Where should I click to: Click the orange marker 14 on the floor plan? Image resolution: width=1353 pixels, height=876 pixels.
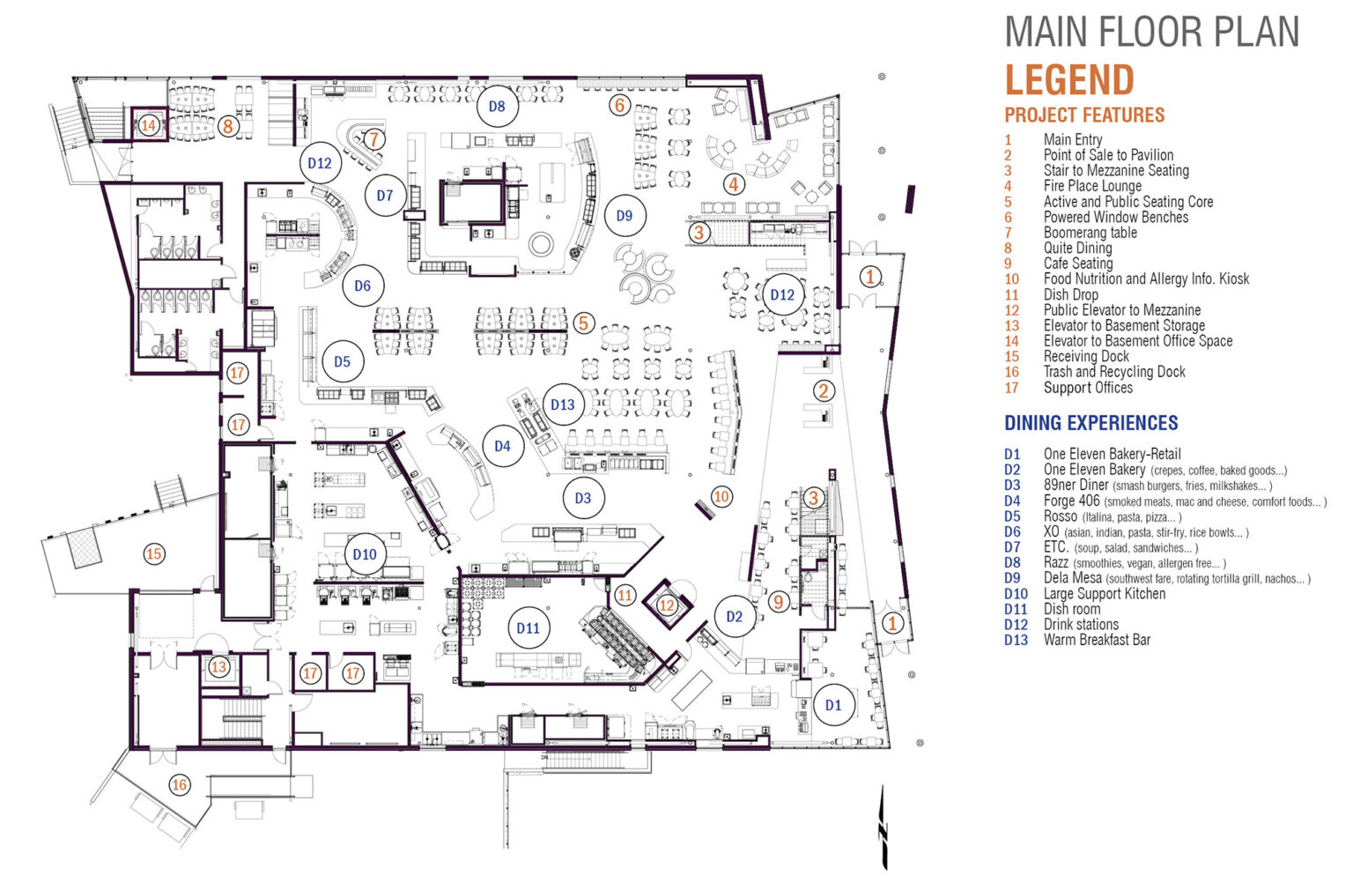click(148, 125)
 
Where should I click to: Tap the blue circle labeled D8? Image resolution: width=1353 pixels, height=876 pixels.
click(497, 107)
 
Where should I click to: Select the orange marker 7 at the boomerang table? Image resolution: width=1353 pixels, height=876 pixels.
click(374, 139)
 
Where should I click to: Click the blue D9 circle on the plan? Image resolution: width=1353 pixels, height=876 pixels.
click(625, 216)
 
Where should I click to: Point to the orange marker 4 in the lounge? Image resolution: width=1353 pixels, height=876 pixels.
click(734, 184)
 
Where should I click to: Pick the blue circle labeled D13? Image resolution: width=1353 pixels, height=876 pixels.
click(563, 405)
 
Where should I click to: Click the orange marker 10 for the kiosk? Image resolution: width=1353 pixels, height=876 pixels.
click(721, 497)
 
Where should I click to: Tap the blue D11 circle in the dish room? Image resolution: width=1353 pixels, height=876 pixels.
click(529, 628)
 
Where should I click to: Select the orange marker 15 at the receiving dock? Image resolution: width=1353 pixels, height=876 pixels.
click(154, 554)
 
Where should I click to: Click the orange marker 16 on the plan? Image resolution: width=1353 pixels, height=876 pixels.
click(180, 784)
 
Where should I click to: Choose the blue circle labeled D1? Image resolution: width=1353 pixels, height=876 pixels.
click(833, 705)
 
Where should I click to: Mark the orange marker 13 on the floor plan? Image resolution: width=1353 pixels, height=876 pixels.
click(218, 667)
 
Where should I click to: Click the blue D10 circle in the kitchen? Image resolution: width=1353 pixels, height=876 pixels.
click(365, 554)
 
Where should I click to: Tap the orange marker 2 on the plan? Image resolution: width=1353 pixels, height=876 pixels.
click(823, 390)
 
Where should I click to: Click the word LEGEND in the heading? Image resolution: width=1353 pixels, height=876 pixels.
click(1069, 80)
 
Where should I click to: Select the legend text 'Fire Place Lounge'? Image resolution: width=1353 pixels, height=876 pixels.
click(1092, 186)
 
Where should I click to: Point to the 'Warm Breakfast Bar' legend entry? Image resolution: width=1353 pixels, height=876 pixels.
click(1097, 640)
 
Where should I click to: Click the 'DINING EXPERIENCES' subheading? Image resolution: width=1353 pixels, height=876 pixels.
click(1091, 423)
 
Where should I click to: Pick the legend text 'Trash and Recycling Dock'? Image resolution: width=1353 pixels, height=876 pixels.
click(1114, 372)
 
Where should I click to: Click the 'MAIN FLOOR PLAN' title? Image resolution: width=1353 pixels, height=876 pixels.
click(1151, 32)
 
